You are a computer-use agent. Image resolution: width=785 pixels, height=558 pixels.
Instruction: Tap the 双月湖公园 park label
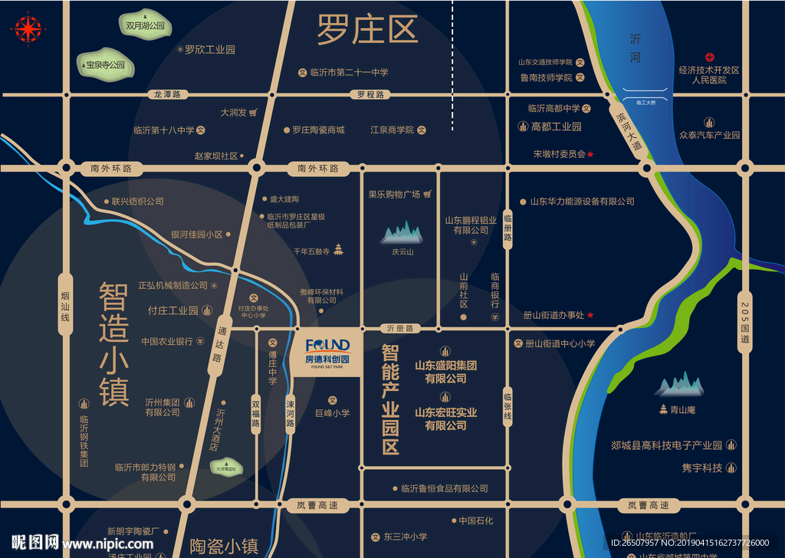[146, 25]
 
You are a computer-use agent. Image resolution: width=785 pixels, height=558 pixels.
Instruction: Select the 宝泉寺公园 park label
[105, 65]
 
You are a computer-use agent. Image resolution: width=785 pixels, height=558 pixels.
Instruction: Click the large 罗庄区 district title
[367, 31]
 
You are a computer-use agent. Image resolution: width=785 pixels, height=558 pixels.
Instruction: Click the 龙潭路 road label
[167, 94]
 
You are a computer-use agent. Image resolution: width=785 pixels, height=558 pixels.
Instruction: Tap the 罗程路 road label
[370, 94]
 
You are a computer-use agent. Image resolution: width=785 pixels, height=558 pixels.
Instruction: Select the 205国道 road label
[744, 322]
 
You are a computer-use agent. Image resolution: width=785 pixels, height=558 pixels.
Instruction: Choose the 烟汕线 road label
[65, 304]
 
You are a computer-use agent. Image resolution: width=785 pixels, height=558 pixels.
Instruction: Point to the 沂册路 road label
[399, 328]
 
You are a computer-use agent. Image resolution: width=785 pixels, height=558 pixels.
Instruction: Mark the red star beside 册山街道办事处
[590, 315]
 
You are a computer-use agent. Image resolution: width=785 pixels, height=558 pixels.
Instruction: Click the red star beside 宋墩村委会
[591, 154]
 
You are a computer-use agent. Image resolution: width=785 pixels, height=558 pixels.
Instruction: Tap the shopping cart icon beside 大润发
[252, 112]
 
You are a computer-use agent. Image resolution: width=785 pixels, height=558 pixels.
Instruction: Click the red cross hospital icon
[710, 57]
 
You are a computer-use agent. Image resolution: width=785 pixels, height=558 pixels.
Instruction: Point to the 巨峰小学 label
[332, 412]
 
